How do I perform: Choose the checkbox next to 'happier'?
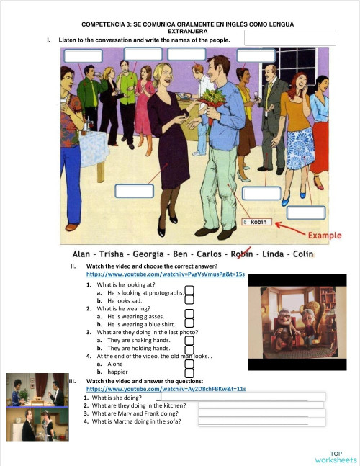[189, 372]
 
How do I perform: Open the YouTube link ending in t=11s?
[166, 389]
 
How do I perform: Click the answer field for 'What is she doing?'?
[243, 397]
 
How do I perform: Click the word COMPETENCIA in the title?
[107, 24]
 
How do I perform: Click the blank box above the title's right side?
[290, 37]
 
